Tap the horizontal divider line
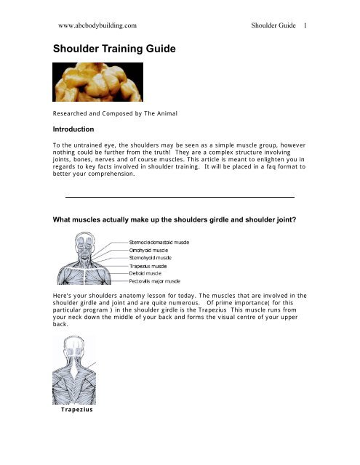(x=180, y=197)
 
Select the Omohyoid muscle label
(x=150, y=248)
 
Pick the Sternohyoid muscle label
(x=152, y=256)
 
